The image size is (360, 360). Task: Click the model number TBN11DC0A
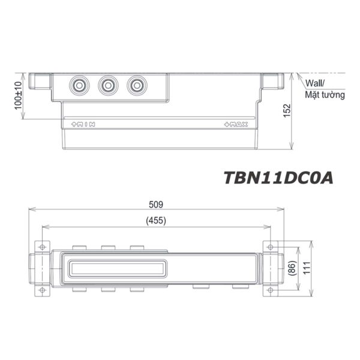(277, 178)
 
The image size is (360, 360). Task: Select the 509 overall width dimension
(156, 204)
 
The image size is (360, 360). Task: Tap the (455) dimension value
(156, 220)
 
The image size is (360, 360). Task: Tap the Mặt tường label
(325, 95)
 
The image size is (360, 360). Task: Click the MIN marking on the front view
(83, 124)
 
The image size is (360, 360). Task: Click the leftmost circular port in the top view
(79, 86)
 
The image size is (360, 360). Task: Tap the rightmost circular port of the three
(137, 86)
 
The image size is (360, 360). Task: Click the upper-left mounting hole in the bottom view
(42, 247)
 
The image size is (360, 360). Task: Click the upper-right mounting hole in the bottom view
(270, 247)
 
